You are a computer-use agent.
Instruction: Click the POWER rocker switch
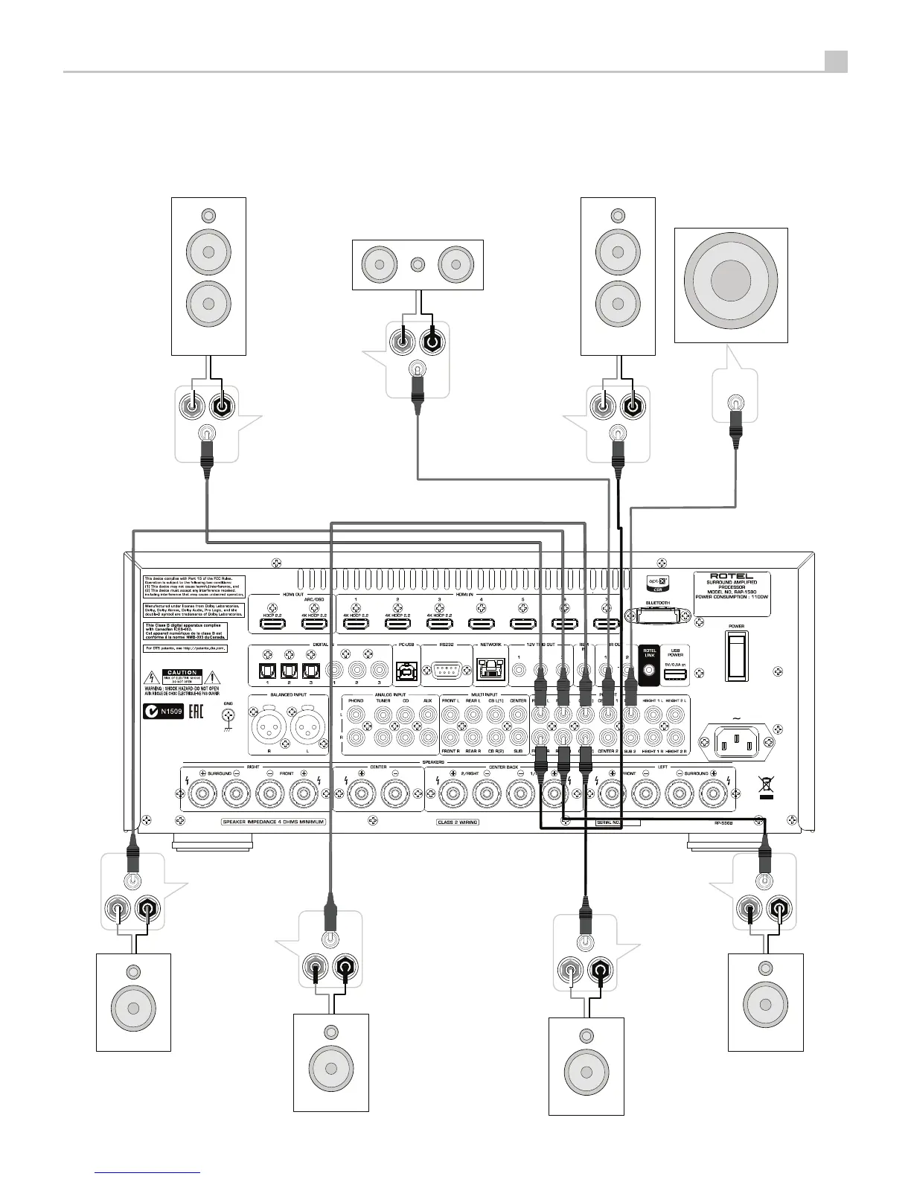tap(736, 656)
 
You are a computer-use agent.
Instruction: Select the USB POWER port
tap(675, 674)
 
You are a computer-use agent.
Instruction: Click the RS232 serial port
tap(447, 671)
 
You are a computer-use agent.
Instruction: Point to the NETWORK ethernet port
tap(489, 670)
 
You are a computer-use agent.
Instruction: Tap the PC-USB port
tap(406, 670)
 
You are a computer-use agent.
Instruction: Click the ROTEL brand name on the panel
tap(732, 576)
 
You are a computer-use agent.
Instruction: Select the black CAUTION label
tap(182, 673)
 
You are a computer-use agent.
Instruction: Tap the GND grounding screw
tap(229, 716)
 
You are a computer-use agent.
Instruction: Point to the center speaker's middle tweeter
tap(418, 263)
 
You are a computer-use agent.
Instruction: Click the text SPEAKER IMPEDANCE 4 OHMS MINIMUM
tap(273, 822)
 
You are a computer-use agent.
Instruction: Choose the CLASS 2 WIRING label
tap(458, 822)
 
